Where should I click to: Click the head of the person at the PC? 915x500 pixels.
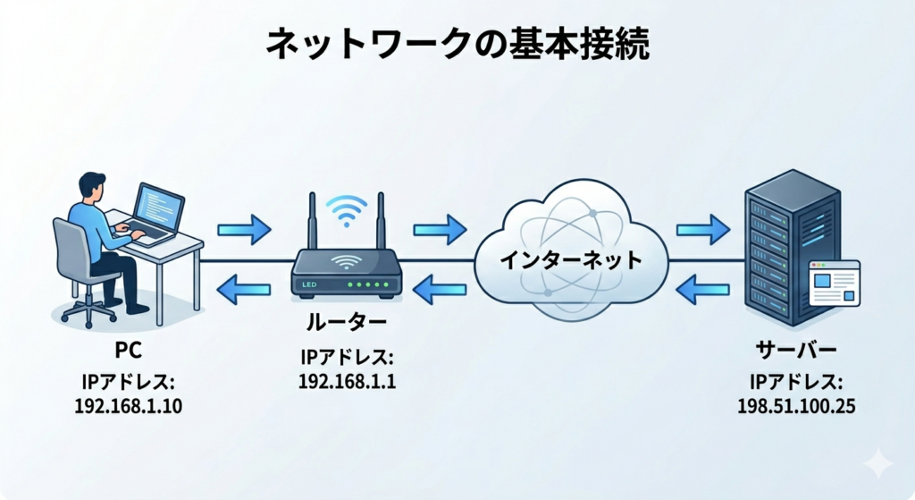click(x=91, y=187)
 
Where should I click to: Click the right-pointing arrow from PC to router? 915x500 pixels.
click(x=244, y=229)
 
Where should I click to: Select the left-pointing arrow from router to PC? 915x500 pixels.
click(x=244, y=288)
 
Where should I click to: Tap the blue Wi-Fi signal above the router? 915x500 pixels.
click(x=343, y=209)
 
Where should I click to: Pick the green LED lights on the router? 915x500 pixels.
click(x=366, y=284)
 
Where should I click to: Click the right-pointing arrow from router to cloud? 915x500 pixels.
click(x=441, y=229)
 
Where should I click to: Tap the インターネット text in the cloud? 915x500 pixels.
click(x=570, y=262)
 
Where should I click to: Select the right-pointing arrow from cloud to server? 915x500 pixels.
click(x=703, y=229)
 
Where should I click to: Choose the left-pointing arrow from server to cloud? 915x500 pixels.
click(x=703, y=288)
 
